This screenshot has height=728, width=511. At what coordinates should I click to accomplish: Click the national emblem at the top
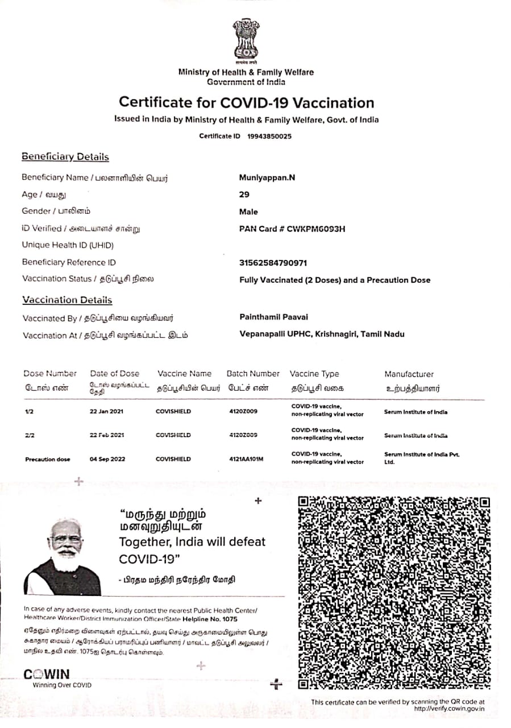(x=246, y=41)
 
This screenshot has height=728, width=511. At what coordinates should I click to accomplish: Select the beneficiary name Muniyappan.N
(x=267, y=177)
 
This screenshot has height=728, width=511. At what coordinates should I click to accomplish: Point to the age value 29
(x=244, y=195)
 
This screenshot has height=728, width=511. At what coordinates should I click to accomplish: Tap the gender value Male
(x=248, y=212)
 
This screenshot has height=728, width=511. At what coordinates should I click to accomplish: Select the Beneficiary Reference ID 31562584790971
(x=273, y=263)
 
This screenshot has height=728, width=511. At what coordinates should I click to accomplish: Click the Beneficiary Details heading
(x=65, y=157)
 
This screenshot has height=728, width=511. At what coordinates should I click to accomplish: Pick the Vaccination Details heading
(x=67, y=300)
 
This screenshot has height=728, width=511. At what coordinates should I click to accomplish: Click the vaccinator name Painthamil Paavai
(x=274, y=317)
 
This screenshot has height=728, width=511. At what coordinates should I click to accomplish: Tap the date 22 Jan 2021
(x=107, y=411)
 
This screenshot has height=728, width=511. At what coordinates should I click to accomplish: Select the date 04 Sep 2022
(x=107, y=459)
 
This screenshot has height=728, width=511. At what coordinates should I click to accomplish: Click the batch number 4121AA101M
(x=246, y=459)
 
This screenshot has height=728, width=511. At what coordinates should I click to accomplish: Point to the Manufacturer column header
(x=409, y=374)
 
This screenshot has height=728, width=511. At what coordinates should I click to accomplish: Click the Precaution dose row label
(x=48, y=459)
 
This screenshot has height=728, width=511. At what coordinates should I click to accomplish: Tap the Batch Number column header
(x=253, y=374)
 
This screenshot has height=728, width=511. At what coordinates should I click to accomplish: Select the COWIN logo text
(x=47, y=675)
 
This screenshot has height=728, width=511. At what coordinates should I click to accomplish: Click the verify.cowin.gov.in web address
(x=449, y=709)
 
